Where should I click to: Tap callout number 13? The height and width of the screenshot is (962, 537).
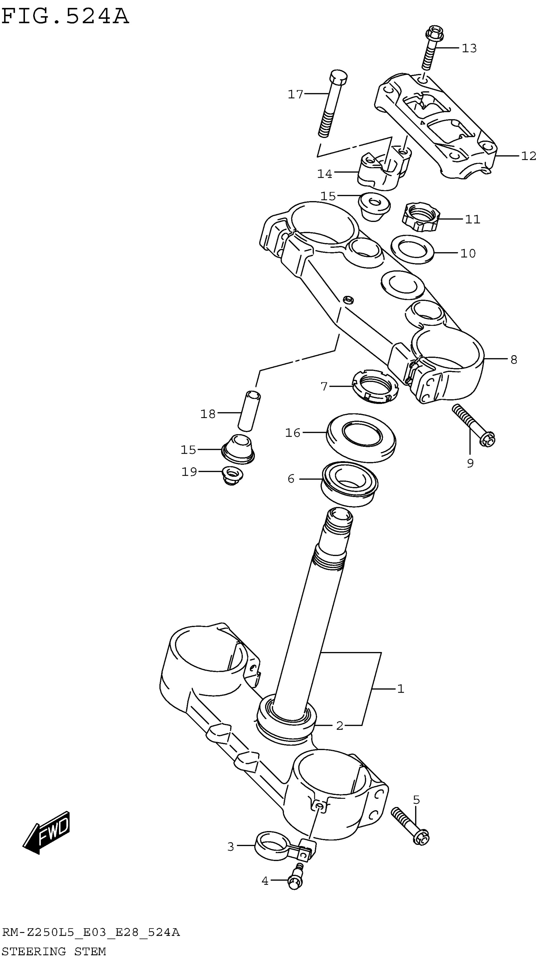coord(469,48)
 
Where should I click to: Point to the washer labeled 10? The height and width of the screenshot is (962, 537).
coord(412,249)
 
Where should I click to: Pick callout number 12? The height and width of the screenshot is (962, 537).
coord(528,156)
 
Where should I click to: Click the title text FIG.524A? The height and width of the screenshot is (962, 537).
coord(65,16)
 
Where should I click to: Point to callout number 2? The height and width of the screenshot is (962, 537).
coord(339,726)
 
